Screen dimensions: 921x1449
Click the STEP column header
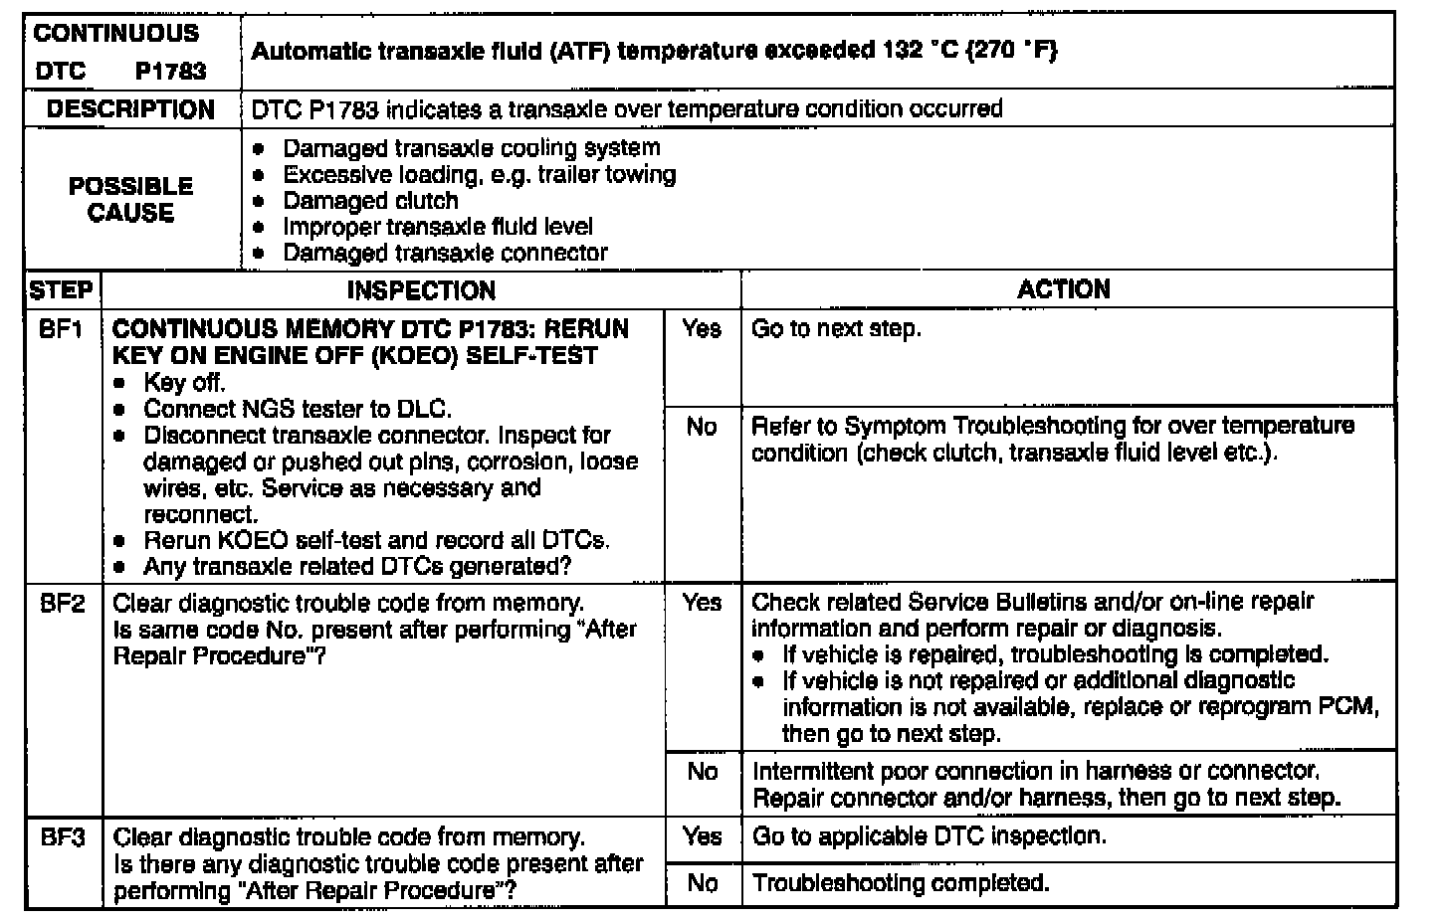pyautogui.click(x=62, y=290)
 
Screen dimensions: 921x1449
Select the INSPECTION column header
pyautogui.click(x=421, y=290)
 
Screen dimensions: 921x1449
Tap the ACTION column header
pyautogui.click(x=1064, y=289)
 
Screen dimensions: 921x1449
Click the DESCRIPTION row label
pyautogui.click(x=130, y=109)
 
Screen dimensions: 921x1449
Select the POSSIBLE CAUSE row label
pyautogui.click(x=130, y=199)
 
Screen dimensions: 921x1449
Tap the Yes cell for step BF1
pyautogui.click(x=702, y=329)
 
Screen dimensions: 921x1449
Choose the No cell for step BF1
pyautogui.click(x=702, y=427)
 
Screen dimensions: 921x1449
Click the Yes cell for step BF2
pyautogui.click(x=702, y=603)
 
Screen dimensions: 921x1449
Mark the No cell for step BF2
pyautogui.click(x=702, y=772)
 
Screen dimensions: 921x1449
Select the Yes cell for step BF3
pyautogui.click(x=702, y=836)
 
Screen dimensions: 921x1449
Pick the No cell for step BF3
pyautogui.click(x=702, y=883)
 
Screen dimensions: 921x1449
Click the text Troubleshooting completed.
pyautogui.click(x=901, y=883)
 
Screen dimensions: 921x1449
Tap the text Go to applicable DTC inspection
pyautogui.click(x=929, y=836)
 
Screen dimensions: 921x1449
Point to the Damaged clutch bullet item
pyautogui.click(x=370, y=201)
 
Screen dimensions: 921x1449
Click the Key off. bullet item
pyautogui.click(x=184, y=383)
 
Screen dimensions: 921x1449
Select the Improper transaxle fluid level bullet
pyautogui.click(x=437, y=227)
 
